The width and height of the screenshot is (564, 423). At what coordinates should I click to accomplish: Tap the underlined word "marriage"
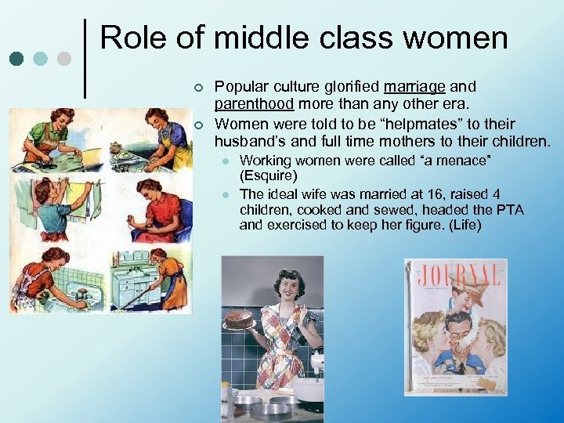tap(416, 86)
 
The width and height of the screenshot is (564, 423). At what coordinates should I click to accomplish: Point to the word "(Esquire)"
tap(269, 176)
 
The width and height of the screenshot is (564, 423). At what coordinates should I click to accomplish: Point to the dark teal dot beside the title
tap(16, 58)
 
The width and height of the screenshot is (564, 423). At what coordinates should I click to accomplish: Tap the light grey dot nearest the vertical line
tap(65, 58)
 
